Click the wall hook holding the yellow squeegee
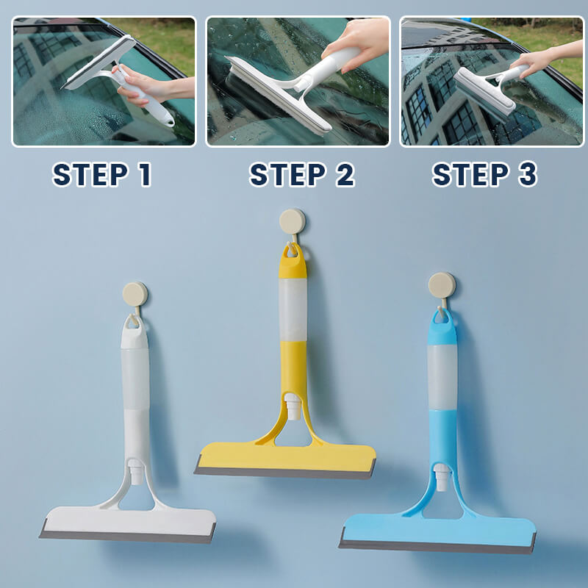(292, 221)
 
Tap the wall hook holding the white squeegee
(135, 294)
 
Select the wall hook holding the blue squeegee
(442, 285)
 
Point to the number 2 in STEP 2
(342, 175)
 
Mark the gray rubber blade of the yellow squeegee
(284, 472)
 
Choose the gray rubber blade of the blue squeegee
(437, 547)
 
